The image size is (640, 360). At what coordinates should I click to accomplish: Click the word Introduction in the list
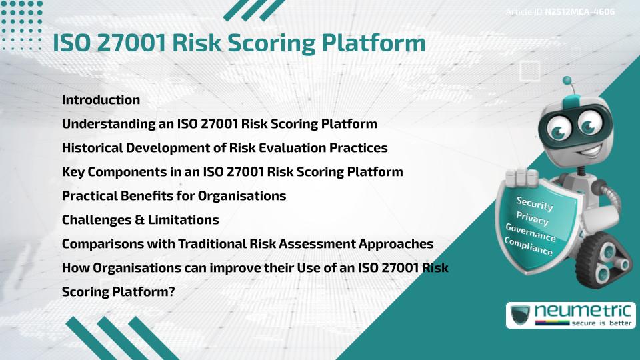(x=101, y=100)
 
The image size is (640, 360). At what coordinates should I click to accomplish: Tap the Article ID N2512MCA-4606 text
(x=559, y=12)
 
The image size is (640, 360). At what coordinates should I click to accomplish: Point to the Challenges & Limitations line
(x=140, y=220)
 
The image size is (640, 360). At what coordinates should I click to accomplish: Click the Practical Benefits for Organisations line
(x=174, y=196)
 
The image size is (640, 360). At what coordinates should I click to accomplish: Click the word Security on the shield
(x=534, y=203)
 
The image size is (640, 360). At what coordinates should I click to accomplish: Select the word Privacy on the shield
(x=532, y=218)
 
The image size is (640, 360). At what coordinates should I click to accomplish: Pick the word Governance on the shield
(x=531, y=233)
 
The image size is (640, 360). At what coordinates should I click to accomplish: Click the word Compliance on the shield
(x=529, y=247)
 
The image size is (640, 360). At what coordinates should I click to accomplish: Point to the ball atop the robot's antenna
(x=567, y=81)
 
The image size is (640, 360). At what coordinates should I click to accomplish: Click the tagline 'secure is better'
(x=597, y=323)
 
